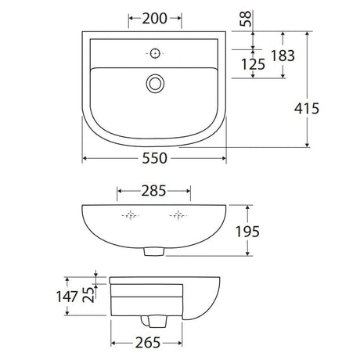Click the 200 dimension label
pos(154,19)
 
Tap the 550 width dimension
pos(154,158)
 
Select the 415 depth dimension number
pos(307,109)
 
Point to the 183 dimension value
pos(283,56)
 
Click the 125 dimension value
pos(253,64)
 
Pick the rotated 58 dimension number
pos(246,19)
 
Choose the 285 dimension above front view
pos(153,191)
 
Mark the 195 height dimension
pos(247,232)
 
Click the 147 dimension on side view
pos(67,297)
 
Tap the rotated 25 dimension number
pos(88,295)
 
